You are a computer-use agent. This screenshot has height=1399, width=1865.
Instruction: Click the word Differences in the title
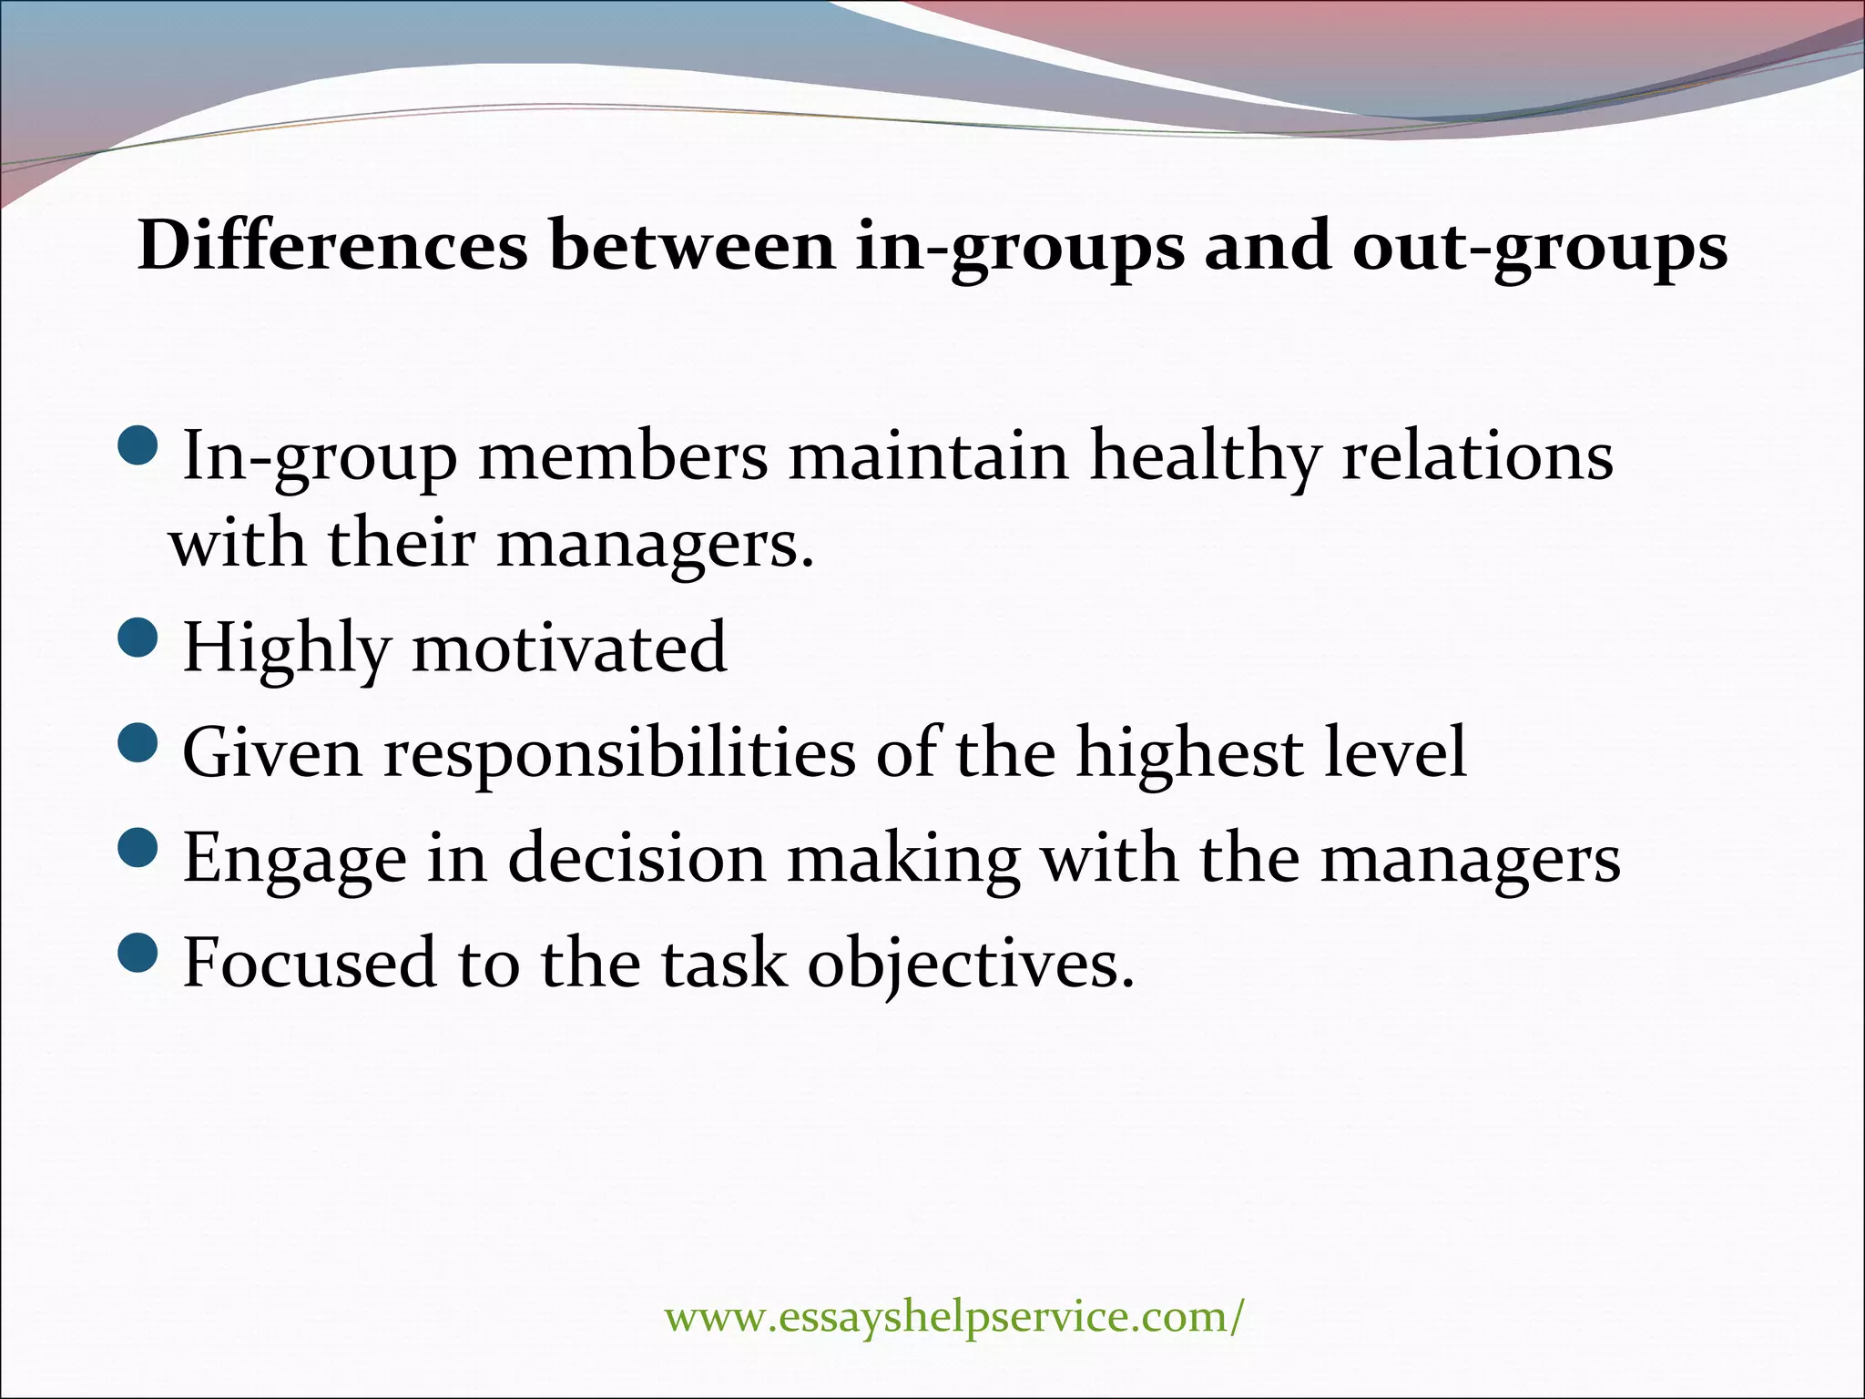coord(332,246)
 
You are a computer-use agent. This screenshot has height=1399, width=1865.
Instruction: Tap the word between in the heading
coord(692,246)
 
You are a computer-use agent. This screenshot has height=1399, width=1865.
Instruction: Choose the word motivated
coord(569,648)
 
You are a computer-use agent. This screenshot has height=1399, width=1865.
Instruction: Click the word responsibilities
coord(619,754)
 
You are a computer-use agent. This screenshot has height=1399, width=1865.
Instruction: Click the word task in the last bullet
coord(724,963)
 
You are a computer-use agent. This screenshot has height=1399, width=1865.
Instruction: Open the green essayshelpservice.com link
coord(953,1317)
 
